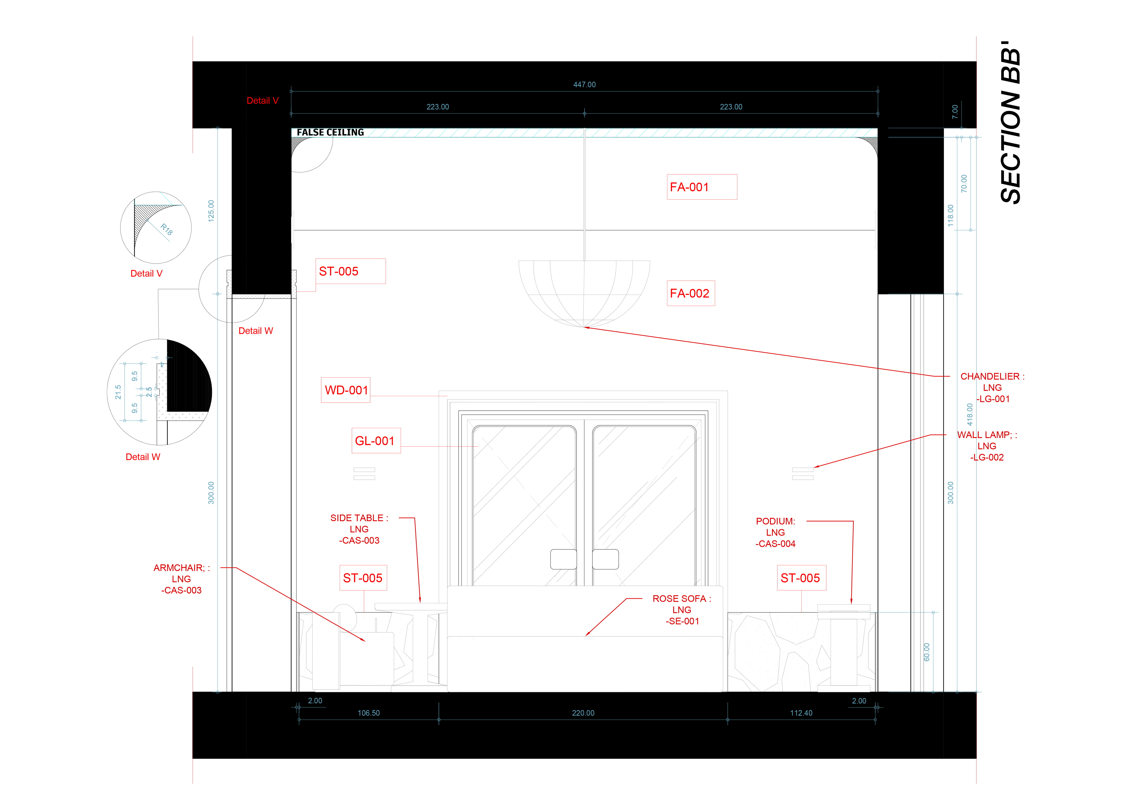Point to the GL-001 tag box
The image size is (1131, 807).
pos(376,441)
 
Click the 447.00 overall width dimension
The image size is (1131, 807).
pos(584,84)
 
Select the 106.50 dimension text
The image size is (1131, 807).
pos(369,713)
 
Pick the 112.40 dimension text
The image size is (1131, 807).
pos(801,713)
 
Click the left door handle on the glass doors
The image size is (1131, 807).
pos(563,559)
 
